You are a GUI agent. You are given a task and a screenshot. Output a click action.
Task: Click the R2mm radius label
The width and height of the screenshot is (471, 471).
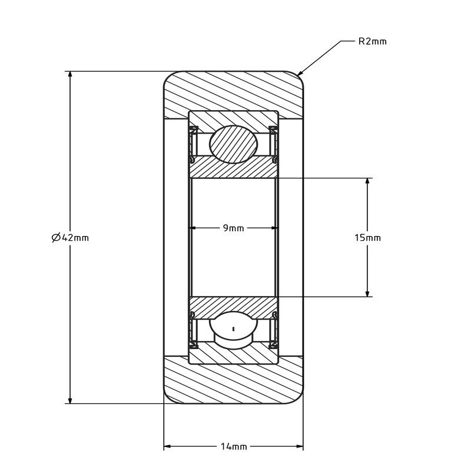click(373, 41)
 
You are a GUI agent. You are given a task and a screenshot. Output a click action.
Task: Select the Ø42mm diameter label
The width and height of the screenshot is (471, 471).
click(70, 238)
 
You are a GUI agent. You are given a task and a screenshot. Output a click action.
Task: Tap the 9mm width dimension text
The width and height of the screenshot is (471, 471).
click(233, 228)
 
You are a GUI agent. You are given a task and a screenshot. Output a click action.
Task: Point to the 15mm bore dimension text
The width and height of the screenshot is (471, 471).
click(367, 238)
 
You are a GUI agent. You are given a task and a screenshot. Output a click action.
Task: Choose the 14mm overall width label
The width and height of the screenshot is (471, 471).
click(234, 447)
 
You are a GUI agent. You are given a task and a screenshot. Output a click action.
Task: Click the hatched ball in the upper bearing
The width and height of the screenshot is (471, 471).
click(233, 144)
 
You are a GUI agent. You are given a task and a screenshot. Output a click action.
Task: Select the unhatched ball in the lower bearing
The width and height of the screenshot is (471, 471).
click(233, 330)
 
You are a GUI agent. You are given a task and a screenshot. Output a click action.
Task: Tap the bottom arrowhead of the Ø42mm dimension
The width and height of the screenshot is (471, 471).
click(70, 400)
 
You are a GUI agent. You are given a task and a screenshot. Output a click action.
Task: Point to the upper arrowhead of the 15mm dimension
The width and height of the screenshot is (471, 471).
click(367, 181)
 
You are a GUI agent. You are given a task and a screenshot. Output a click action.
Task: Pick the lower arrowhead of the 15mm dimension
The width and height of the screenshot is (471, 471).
click(367, 293)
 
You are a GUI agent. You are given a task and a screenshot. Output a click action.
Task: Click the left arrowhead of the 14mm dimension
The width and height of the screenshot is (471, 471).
click(167, 446)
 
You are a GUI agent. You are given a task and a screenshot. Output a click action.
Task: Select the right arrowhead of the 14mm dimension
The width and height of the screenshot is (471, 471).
click(300, 446)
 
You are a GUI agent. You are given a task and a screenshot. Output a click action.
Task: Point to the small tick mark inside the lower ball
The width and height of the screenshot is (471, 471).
click(233, 329)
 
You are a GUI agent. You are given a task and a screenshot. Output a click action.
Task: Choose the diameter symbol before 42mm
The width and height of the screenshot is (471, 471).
click(56, 238)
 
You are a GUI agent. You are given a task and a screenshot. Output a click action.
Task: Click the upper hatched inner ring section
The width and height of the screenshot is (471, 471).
click(233, 167)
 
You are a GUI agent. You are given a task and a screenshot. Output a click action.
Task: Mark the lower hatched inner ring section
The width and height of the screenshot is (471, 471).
click(233, 308)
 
